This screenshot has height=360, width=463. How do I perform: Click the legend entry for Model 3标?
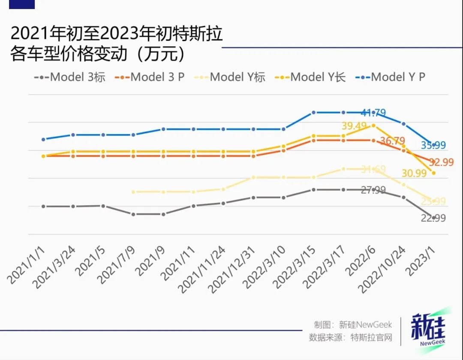click(70, 77)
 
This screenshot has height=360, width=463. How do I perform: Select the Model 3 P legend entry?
click(150, 77)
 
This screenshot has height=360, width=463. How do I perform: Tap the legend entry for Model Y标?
click(231, 77)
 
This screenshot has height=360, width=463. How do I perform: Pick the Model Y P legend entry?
click(391, 77)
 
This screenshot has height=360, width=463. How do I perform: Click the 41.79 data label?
click(373, 113)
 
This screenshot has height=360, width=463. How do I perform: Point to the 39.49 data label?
click(355, 126)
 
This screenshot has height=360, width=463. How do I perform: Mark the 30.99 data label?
click(414, 173)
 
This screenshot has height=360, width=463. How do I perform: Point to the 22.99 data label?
click(433, 218)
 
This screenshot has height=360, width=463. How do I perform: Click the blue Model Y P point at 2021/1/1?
click(43, 139)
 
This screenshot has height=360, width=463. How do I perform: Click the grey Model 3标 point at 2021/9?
click(163, 214)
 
